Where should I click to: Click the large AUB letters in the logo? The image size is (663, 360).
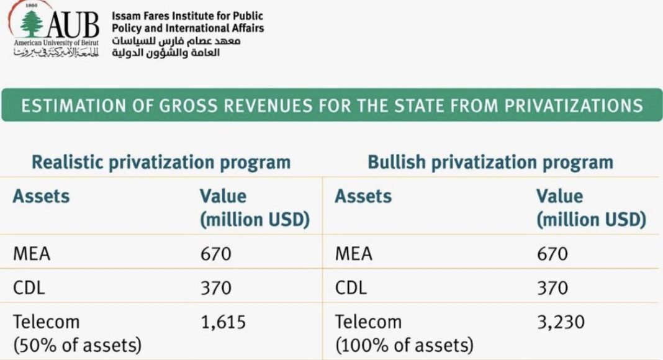[x=73, y=25]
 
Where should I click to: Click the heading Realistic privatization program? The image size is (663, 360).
[x=161, y=163]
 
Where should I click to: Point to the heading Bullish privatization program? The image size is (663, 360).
[x=490, y=163]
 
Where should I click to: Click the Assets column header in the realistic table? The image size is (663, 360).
[x=42, y=197]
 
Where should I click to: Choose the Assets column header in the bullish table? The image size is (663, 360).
[x=363, y=197]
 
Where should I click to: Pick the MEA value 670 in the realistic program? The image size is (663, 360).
[x=215, y=254]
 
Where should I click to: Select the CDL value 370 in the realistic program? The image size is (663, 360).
[x=215, y=288]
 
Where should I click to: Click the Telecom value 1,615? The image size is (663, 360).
[x=223, y=322]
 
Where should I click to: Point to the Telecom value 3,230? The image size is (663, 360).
[x=561, y=322]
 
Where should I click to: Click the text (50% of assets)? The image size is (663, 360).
[x=78, y=344]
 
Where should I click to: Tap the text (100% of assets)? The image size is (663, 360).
[x=404, y=344]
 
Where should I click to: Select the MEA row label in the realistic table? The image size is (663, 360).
[x=32, y=254]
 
